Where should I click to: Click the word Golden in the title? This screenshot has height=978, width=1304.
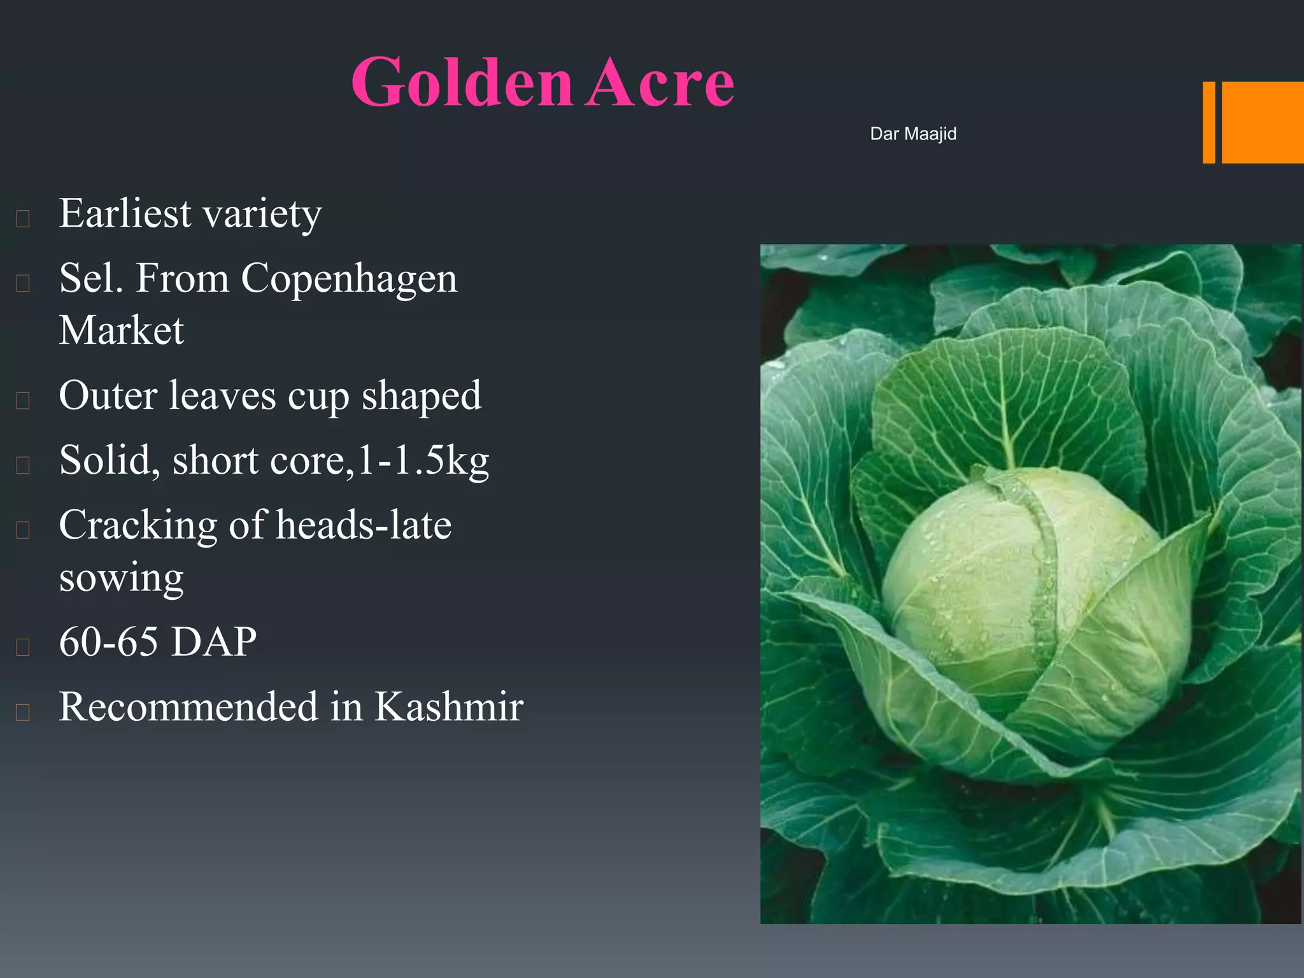click(x=462, y=83)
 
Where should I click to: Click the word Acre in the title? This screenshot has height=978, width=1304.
click(x=660, y=83)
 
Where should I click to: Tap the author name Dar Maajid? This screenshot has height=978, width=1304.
click(x=913, y=134)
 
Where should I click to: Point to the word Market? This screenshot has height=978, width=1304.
click(x=122, y=330)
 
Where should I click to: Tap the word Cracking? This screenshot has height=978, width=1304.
click(x=138, y=527)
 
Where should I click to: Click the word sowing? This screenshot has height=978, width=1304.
click(x=122, y=578)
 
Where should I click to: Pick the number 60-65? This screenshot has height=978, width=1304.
click(x=108, y=641)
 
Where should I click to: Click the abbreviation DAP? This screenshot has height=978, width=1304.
click(x=214, y=641)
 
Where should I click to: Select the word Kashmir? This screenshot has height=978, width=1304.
click(x=448, y=707)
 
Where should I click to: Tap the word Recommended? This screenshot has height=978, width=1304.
click(x=188, y=707)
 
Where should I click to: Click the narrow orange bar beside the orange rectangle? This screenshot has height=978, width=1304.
click(x=1208, y=122)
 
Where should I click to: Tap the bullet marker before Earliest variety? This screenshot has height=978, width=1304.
click(x=23, y=218)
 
